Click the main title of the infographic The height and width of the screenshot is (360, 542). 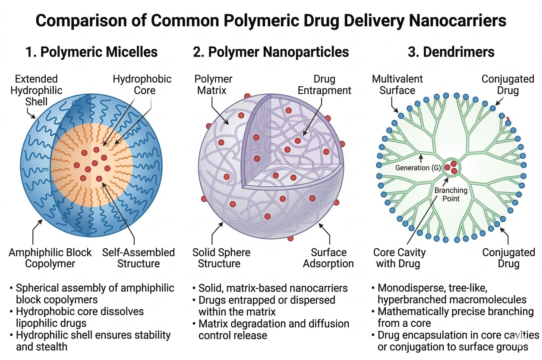271,20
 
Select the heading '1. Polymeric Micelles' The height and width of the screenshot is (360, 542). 91,52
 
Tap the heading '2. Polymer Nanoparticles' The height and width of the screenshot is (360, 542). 271,52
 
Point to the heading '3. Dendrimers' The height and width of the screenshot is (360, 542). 451,52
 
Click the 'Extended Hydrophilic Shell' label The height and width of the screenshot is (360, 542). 36,91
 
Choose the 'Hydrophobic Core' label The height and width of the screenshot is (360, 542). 142,85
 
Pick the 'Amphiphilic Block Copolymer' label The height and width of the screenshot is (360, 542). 50,258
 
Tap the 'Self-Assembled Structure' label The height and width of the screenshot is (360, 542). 139,258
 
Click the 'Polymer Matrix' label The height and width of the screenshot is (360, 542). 213,85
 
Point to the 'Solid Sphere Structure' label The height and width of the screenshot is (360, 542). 221,258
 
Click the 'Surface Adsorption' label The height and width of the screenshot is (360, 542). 328,258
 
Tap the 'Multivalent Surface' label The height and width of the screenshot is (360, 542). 397,85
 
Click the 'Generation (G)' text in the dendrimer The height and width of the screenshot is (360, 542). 418,168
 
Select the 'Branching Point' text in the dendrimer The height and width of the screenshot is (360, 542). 451,194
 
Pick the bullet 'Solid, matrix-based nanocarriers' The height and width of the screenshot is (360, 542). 273,288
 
